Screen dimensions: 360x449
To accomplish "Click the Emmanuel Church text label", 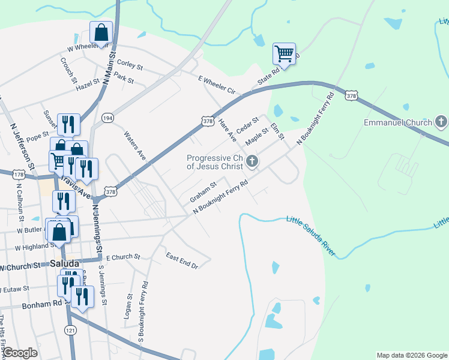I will point(398,123).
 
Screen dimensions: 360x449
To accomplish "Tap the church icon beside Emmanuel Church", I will point(441,123).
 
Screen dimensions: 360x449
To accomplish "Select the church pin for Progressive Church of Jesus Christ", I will point(252,161).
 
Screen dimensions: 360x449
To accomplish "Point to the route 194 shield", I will point(107,118).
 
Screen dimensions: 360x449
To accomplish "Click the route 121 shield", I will point(70,331).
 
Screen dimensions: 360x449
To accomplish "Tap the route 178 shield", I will point(19,174).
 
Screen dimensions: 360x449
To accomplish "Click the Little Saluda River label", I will point(310,236).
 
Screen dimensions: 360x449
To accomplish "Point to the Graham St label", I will point(202,193).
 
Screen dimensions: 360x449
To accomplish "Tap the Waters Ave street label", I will point(135,146).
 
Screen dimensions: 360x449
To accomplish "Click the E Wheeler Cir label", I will point(217,85).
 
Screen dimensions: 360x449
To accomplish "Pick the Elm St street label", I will point(277,132).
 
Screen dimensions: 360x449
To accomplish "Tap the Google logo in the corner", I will point(20,352).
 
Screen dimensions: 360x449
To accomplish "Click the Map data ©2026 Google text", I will point(412,355).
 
